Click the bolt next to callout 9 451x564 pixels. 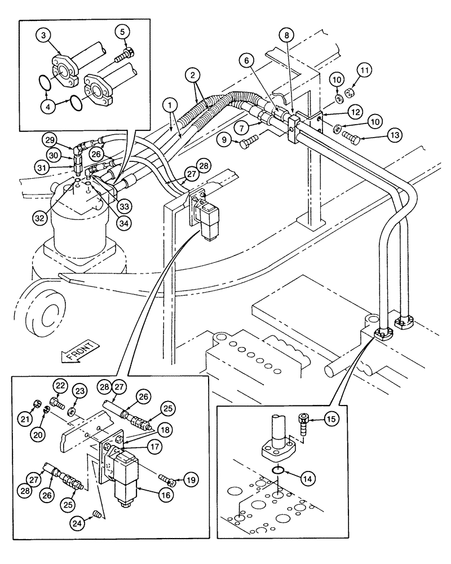[x=248, y=143]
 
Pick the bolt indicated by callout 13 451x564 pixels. [x=352, y=137]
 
